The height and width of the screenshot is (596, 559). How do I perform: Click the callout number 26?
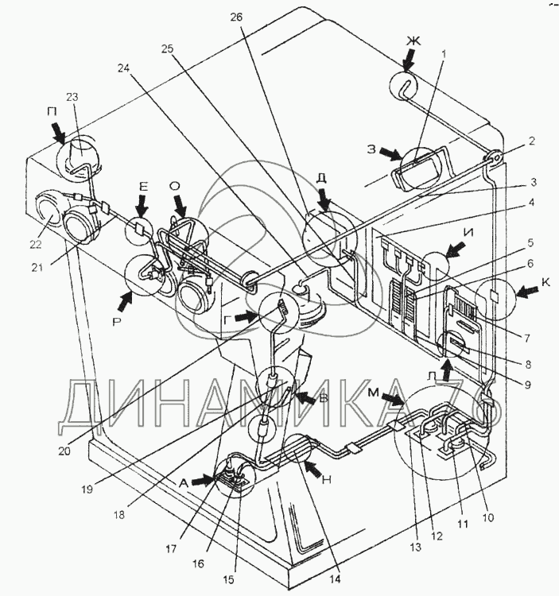[x=236, y=17]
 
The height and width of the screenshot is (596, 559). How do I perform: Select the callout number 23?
[x=72, y=97]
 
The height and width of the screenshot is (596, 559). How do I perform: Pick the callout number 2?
[x=531, y=141]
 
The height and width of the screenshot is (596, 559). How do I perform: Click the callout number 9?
[x=528, y=385]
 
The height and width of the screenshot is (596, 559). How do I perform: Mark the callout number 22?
[x=36, y=244]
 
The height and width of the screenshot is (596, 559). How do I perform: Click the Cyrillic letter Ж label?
[x=413, y=41]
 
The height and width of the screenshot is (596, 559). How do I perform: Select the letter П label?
[x=52, y=112]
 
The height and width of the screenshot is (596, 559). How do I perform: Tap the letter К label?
[x=545, y=283]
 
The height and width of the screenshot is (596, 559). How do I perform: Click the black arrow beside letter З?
[x=391, y=153]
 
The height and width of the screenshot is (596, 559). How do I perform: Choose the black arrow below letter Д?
[x=325, y=199]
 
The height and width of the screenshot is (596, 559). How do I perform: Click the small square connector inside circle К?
[x=495, y=295]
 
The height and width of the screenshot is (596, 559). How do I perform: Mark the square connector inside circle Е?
[x=139, y=229]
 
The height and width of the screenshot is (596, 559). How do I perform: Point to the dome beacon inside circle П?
[x=80, y=155]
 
